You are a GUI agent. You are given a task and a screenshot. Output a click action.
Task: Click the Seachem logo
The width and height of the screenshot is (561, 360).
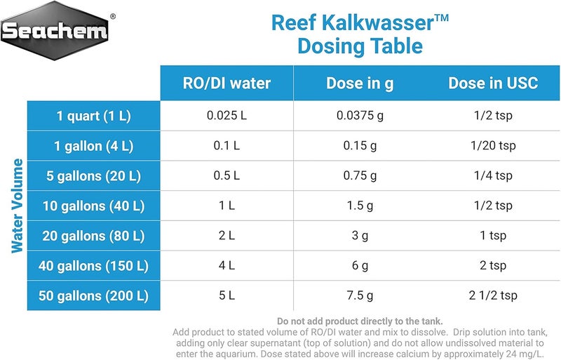[55, 30]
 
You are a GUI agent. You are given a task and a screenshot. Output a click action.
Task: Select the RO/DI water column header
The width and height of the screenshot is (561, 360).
[227, 84]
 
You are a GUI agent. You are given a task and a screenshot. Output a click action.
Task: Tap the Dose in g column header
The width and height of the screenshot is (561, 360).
[360, 84]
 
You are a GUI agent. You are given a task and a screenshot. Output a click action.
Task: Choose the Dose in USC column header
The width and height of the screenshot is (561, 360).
[493, 84]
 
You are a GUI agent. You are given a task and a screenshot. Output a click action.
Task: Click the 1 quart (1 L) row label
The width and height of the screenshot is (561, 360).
[93, 116]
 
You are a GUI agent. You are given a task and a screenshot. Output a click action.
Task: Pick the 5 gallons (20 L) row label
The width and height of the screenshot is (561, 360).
[93, 175]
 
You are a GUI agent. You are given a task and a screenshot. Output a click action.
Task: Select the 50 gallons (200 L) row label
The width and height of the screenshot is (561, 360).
[93, 295]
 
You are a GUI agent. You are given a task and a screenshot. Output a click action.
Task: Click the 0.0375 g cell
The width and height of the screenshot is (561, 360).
[360, 116]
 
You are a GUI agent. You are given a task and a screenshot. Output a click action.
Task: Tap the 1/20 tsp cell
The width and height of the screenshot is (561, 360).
[493, 146]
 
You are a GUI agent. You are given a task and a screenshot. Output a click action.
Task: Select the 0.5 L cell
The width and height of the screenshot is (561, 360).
[227, 175]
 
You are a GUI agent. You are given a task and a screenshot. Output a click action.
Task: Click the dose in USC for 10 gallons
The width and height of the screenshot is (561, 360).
[493, 206]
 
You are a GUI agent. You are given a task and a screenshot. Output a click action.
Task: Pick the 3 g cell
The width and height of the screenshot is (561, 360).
[360, 236]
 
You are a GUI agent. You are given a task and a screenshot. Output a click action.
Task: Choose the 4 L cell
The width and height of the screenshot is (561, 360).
[227, 266]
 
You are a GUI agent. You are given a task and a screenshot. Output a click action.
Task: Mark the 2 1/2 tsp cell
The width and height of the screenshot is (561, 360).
[493, 295]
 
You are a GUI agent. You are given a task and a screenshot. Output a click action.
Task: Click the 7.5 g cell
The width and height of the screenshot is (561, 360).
[360, 295]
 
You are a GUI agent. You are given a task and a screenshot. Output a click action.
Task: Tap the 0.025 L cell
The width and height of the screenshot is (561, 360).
[227, 116]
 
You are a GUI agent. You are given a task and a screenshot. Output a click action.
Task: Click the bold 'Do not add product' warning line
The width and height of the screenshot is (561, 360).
[359, 321]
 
